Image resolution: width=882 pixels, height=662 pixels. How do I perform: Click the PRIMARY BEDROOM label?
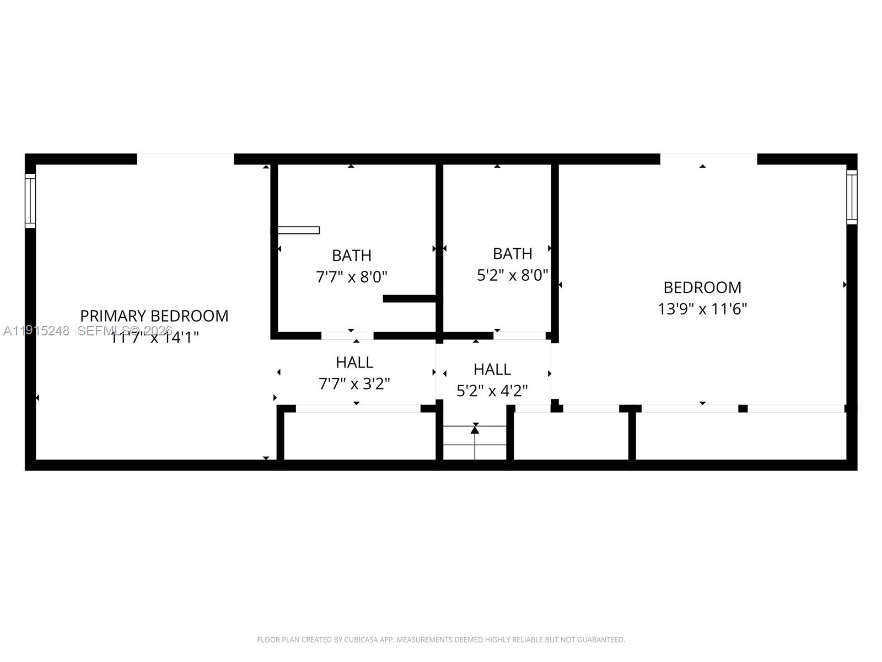[x=154, y=316]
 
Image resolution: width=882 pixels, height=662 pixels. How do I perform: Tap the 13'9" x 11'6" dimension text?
[x=702, y=308]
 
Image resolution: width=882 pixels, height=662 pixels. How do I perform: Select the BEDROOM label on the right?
[x=702, y=287]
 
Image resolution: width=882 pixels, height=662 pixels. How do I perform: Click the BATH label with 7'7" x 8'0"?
[x=352, y=255]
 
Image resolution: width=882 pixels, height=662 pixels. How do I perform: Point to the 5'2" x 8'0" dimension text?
[x=512, y=275]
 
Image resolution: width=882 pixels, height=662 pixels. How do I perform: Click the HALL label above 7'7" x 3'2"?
[x=354, y=362]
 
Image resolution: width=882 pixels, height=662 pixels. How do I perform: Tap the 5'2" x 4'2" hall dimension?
[x=492, y=391]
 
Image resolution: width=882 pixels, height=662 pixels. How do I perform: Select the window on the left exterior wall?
[x=30, y=200]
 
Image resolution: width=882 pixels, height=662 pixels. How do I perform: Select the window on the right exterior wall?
[x=852, y=197]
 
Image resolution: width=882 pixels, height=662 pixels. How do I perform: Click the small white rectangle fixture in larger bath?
[x=298, y=230]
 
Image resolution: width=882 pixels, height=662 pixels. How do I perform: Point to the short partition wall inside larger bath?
[x=410, y=298]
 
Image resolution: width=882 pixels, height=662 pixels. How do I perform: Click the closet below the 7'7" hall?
[x=358, y=436]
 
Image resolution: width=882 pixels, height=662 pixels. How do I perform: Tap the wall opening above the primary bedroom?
[x=185, y=159]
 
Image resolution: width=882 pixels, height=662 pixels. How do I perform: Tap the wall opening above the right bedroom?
[x=708, y=159]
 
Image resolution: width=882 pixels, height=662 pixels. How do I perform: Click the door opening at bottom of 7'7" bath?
[x=347, y=335]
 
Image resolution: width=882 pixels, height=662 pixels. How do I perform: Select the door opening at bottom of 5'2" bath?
[x=519, y=335]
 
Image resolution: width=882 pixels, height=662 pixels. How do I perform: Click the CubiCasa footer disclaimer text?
[x=441, y=640]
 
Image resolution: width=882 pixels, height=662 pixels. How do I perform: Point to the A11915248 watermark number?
[x=36, y=331]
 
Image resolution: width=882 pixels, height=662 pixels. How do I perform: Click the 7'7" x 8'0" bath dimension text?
[x=352, y=276]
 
